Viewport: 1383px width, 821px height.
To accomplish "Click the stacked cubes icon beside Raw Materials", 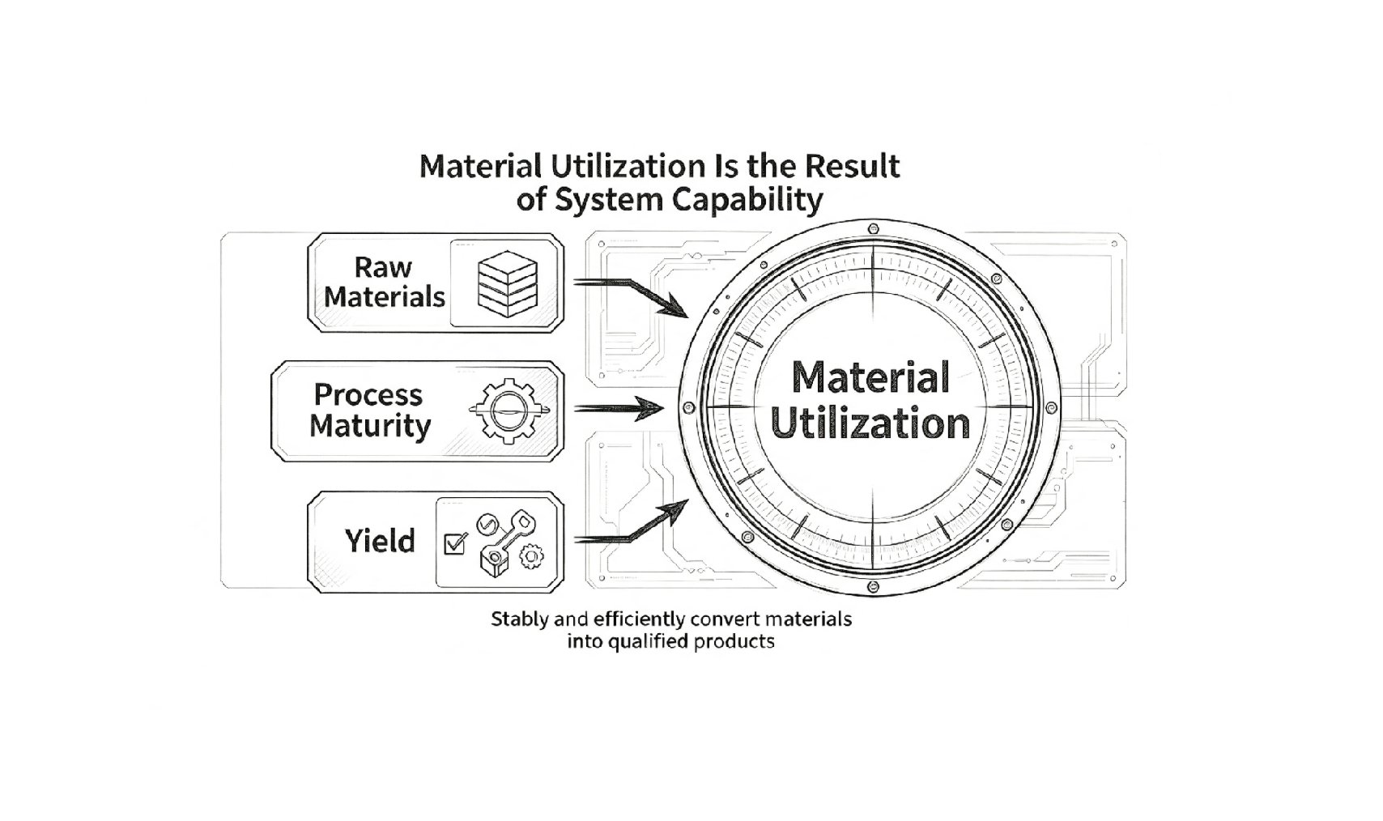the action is click(x=508, y=284).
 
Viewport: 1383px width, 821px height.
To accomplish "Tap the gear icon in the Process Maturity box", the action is click(x=509, y=410).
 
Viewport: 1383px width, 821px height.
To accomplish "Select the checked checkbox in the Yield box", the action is click(x=455, y=543).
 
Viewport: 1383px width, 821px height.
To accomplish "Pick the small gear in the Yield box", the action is click(x=531, y=557).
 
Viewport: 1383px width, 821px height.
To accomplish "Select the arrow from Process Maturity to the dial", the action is click(x=619, y=408).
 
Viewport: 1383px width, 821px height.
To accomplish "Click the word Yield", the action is click(x=380, y=542).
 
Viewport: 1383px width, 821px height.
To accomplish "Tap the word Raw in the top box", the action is click(x=383, y=267).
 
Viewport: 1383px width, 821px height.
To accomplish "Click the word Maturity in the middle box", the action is click(x=370, y=427).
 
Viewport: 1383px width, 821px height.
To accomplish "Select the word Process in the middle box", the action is click(x=368, y=395).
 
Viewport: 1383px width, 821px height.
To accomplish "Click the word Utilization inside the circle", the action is click(x=870, y=423).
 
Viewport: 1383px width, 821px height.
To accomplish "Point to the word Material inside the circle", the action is click(x=870, y=377).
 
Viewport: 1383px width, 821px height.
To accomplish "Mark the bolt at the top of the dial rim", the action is click(x=873, y=229).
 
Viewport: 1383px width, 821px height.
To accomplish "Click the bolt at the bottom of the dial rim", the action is click(x=873, y=586).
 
